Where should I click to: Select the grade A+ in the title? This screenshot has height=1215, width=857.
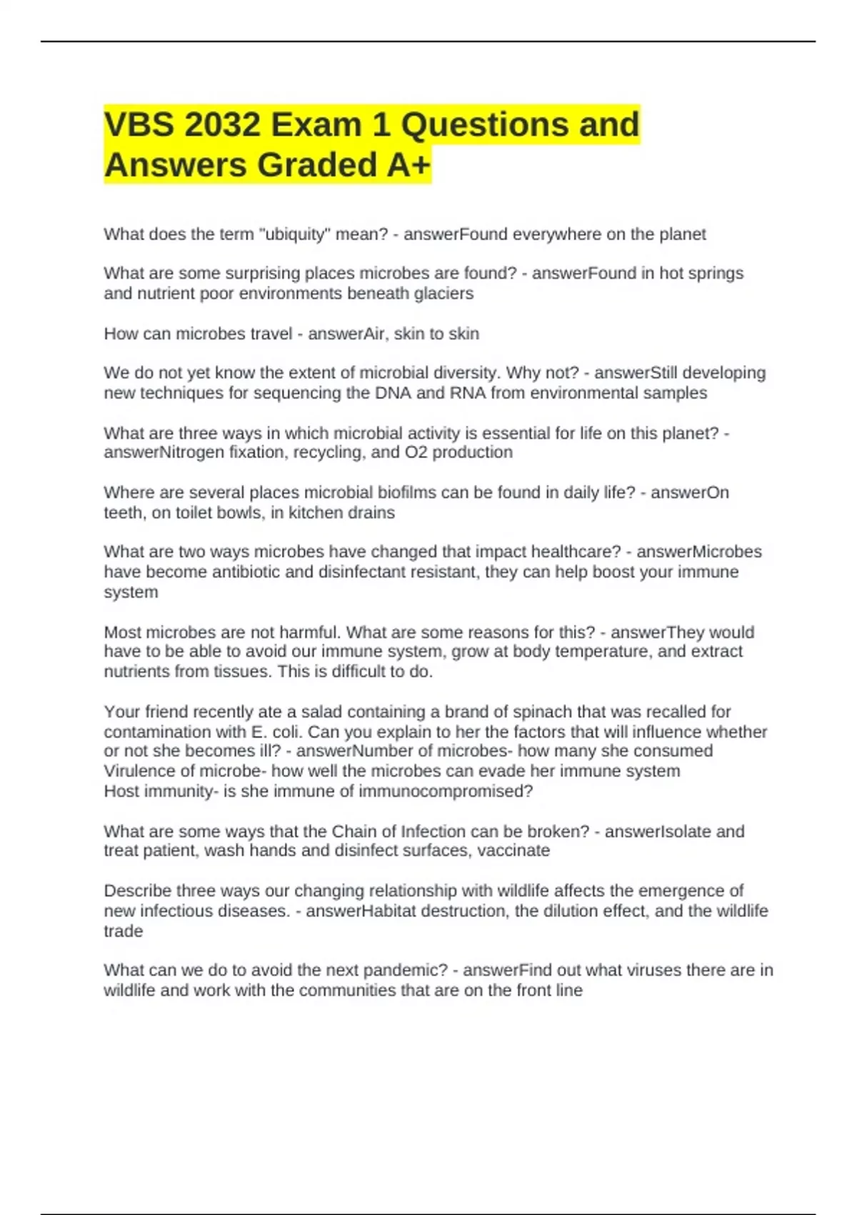[409, 165]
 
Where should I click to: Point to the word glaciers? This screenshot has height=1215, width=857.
[443, 294]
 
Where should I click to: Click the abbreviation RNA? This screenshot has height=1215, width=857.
[467, 393]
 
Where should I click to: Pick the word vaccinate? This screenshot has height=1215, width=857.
[513, 850]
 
